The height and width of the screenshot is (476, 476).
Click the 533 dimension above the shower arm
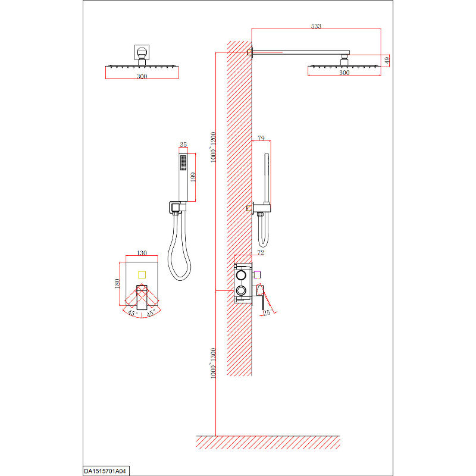(x=316, y=26)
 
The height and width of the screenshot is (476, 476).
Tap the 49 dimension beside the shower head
(x=387, y=61)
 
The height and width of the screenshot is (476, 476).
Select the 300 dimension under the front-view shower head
(x=142, y=76)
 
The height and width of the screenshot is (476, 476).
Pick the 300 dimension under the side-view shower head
(x=345, y=73)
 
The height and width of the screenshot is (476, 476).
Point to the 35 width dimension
(x=183, y=145)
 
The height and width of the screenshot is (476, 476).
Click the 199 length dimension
(x=193, y=177)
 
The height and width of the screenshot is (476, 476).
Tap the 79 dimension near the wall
(x=261, y=138)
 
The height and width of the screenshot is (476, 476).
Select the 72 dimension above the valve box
(x=261, y=252)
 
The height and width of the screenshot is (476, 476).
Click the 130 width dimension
(x=142, y=253)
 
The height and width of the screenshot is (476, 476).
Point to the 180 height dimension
(x=117, y=284)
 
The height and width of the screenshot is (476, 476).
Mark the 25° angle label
(x=267, y=313)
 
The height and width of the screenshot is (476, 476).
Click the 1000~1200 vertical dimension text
(x=213, y=147)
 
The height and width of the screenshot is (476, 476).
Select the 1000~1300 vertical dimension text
(x=213, y=364)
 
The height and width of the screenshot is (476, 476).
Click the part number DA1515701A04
(x=105, y=471)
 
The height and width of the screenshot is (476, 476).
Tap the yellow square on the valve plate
(x=142, y=275)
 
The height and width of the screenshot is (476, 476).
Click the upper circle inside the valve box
(x=241, y=275)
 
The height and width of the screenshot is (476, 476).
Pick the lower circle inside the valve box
(x=241, y=290)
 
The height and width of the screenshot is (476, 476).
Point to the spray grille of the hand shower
(x=183, y=162)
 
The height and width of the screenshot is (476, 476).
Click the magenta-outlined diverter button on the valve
(x=257, y=274)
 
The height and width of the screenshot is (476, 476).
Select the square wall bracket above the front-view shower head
(x=142, y=52)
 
